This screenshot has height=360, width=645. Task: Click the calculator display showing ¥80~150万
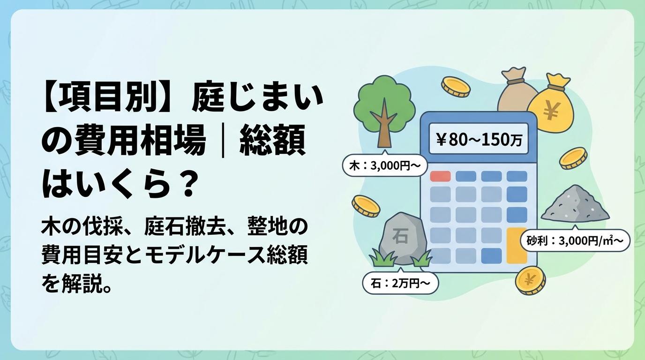click(x=479, y=139)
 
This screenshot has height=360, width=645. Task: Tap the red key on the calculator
click(x=440, y=176)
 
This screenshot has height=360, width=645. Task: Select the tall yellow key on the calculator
click(x=517, y=245)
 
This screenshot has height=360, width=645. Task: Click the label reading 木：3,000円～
click(x=385, y=165)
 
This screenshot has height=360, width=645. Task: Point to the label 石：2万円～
click(x=400, y=284)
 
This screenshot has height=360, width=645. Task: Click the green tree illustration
click(x=384, y=112)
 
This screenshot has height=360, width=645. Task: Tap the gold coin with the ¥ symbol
click(x=530, y=280)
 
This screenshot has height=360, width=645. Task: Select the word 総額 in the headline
click(x=272, y=142)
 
